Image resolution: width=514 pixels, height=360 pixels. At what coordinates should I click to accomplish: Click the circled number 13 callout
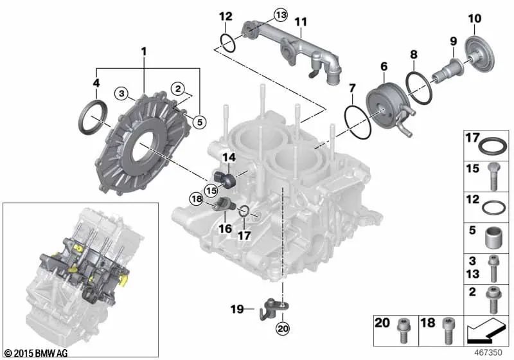[x=281, y=15]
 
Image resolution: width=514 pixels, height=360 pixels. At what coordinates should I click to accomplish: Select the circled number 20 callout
[x=282, y=328]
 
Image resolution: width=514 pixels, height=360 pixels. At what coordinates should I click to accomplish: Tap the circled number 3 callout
[x=121, y=94]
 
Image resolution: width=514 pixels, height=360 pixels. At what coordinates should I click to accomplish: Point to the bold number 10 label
[x=475, y=19]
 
